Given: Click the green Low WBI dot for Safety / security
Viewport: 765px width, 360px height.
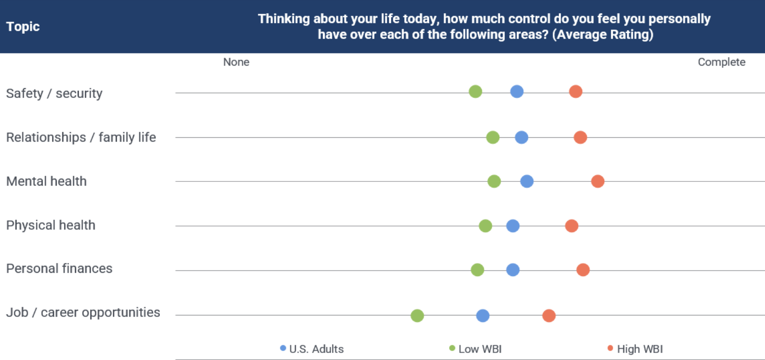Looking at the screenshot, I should point(475,91).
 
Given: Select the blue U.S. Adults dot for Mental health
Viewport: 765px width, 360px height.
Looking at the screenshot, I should point(527,181).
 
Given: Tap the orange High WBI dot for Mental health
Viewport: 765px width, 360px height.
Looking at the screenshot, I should point(598,181).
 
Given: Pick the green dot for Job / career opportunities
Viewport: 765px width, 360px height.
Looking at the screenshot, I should point(417,316).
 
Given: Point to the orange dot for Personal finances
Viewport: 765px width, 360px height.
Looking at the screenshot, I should point(583,270).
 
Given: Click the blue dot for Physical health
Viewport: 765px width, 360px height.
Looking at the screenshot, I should point(513,226).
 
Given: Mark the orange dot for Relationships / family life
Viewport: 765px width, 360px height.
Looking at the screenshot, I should point(580,137).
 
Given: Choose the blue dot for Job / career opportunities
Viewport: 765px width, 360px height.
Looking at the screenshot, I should point(483,316).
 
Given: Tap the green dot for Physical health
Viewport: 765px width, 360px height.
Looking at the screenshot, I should point(485,226).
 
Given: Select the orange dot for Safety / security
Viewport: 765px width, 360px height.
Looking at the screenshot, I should point(576,91).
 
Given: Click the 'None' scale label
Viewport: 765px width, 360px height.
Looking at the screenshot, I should point(236,62).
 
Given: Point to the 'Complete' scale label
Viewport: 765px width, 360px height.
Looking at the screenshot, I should point(721,62).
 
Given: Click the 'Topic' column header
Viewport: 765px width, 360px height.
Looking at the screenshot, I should point(23,27).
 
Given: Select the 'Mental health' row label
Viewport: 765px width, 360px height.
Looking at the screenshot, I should point(46,181).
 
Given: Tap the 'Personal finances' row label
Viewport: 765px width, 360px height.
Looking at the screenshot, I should point(59,269).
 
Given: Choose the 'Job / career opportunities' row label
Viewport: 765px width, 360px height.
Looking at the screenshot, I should point(83,313).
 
